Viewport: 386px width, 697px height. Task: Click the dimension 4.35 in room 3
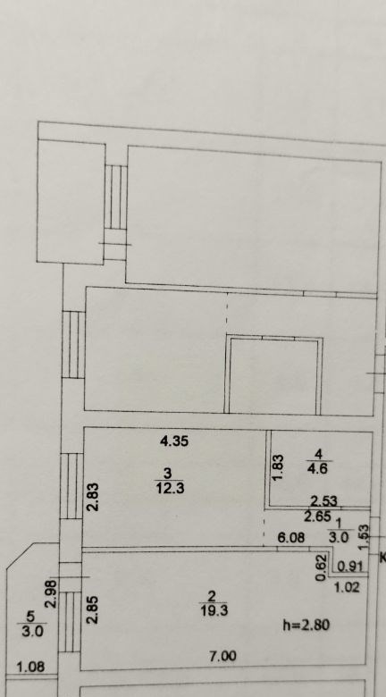[174, 441]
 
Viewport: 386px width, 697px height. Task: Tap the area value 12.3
[170, 489]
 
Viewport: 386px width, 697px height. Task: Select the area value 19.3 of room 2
[214, 610]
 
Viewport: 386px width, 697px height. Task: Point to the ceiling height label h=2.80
[306, 625]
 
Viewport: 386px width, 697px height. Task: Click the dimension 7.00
[222, 656]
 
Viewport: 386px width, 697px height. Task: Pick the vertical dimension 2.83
[94, 497]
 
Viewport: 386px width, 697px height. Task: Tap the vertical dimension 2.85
[93, 609]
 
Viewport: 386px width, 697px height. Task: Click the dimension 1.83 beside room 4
[278, 467]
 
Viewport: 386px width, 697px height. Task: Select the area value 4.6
[318, 468]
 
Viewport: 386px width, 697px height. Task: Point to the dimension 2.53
[323, 502]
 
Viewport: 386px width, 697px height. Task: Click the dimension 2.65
[317, 516]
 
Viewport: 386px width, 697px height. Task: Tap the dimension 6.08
[291, 538]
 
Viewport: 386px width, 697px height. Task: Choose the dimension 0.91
[351, 567]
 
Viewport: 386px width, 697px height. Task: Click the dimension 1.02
[347, 588]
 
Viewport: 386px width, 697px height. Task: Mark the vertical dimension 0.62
[323, 567]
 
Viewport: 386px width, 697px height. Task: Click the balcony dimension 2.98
[54, 593]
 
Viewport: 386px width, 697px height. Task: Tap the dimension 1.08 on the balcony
[30, 668]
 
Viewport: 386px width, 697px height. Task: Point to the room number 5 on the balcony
[30, 617]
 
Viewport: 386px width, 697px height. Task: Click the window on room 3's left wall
[71, 486]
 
